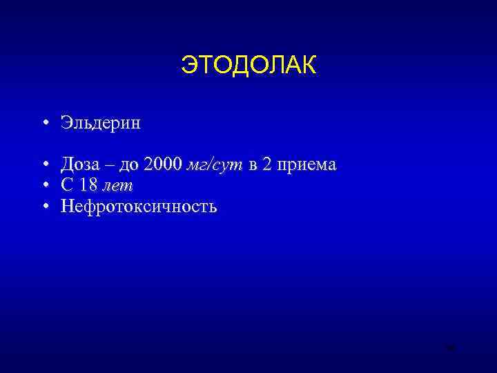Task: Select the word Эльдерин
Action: (100, 124)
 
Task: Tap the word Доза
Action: (80, 164)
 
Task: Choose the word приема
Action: (306, 166)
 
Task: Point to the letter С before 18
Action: (67, 185)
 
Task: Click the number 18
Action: (88, 185)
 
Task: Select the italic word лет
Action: (117, 186)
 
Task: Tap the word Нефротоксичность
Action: (139, 206)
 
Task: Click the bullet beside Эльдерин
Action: (44, 124)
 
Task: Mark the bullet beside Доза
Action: (44, 166)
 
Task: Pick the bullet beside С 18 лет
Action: (44, 186)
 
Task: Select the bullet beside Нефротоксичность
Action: (44, 207)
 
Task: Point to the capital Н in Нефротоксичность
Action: (68, 206)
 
